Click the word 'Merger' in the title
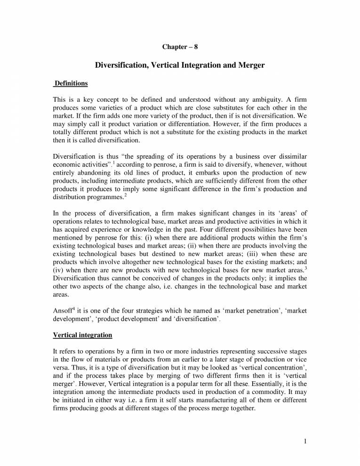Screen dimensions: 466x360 (x=248, y=65)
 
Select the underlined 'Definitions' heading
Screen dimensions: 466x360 (x=71, y=83)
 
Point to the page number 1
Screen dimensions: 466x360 (x=305, y=441)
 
